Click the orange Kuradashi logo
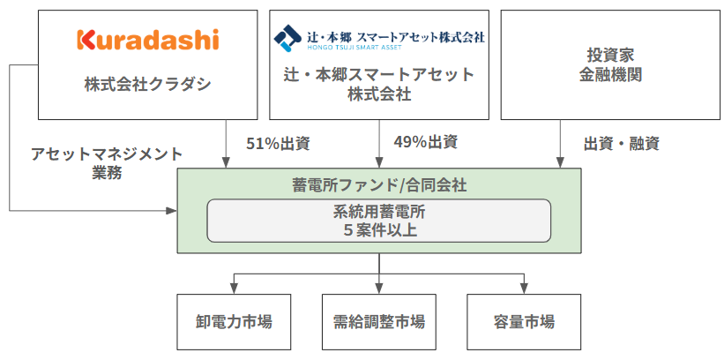click(x=147, y=40)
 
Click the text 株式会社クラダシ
click(x=148, y=85)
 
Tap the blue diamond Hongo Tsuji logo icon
click(x=287, y=40)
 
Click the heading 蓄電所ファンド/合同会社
click(x=379, y=185)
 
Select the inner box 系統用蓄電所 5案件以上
click(x=379, y=221)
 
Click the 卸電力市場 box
click(x=234, y=320)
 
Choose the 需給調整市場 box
click(x=379, y=320)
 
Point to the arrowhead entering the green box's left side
click(x=171, y=210)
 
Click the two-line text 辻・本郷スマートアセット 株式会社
click(x=379, y=85)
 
